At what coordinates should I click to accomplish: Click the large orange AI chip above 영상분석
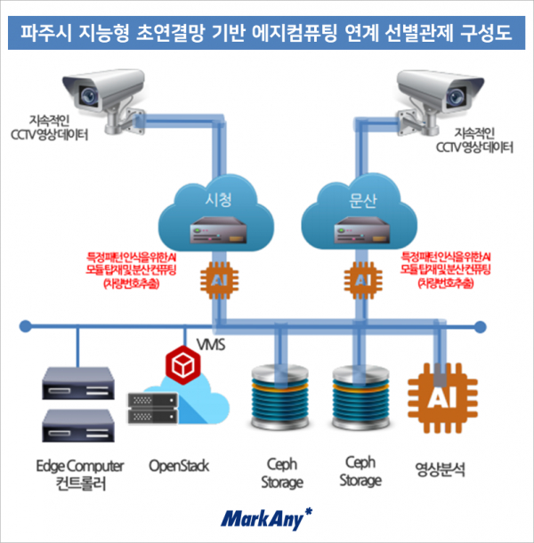[x=442, y=401]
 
